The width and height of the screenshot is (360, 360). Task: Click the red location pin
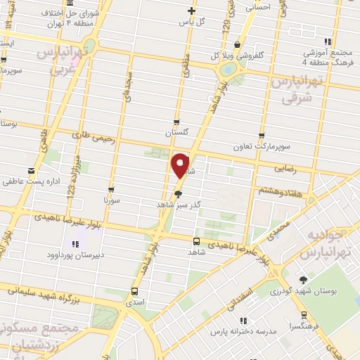[x=180, y=165]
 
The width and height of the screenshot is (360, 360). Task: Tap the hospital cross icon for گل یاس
[x=191, y=10]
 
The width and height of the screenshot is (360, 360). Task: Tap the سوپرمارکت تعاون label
[x=262, y=147]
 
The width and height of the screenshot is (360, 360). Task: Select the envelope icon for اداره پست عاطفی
[x=30, y=171]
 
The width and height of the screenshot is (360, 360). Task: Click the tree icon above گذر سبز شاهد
[x=179, y=193]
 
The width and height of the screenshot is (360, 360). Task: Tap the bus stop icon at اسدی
[x=135, y=290]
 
